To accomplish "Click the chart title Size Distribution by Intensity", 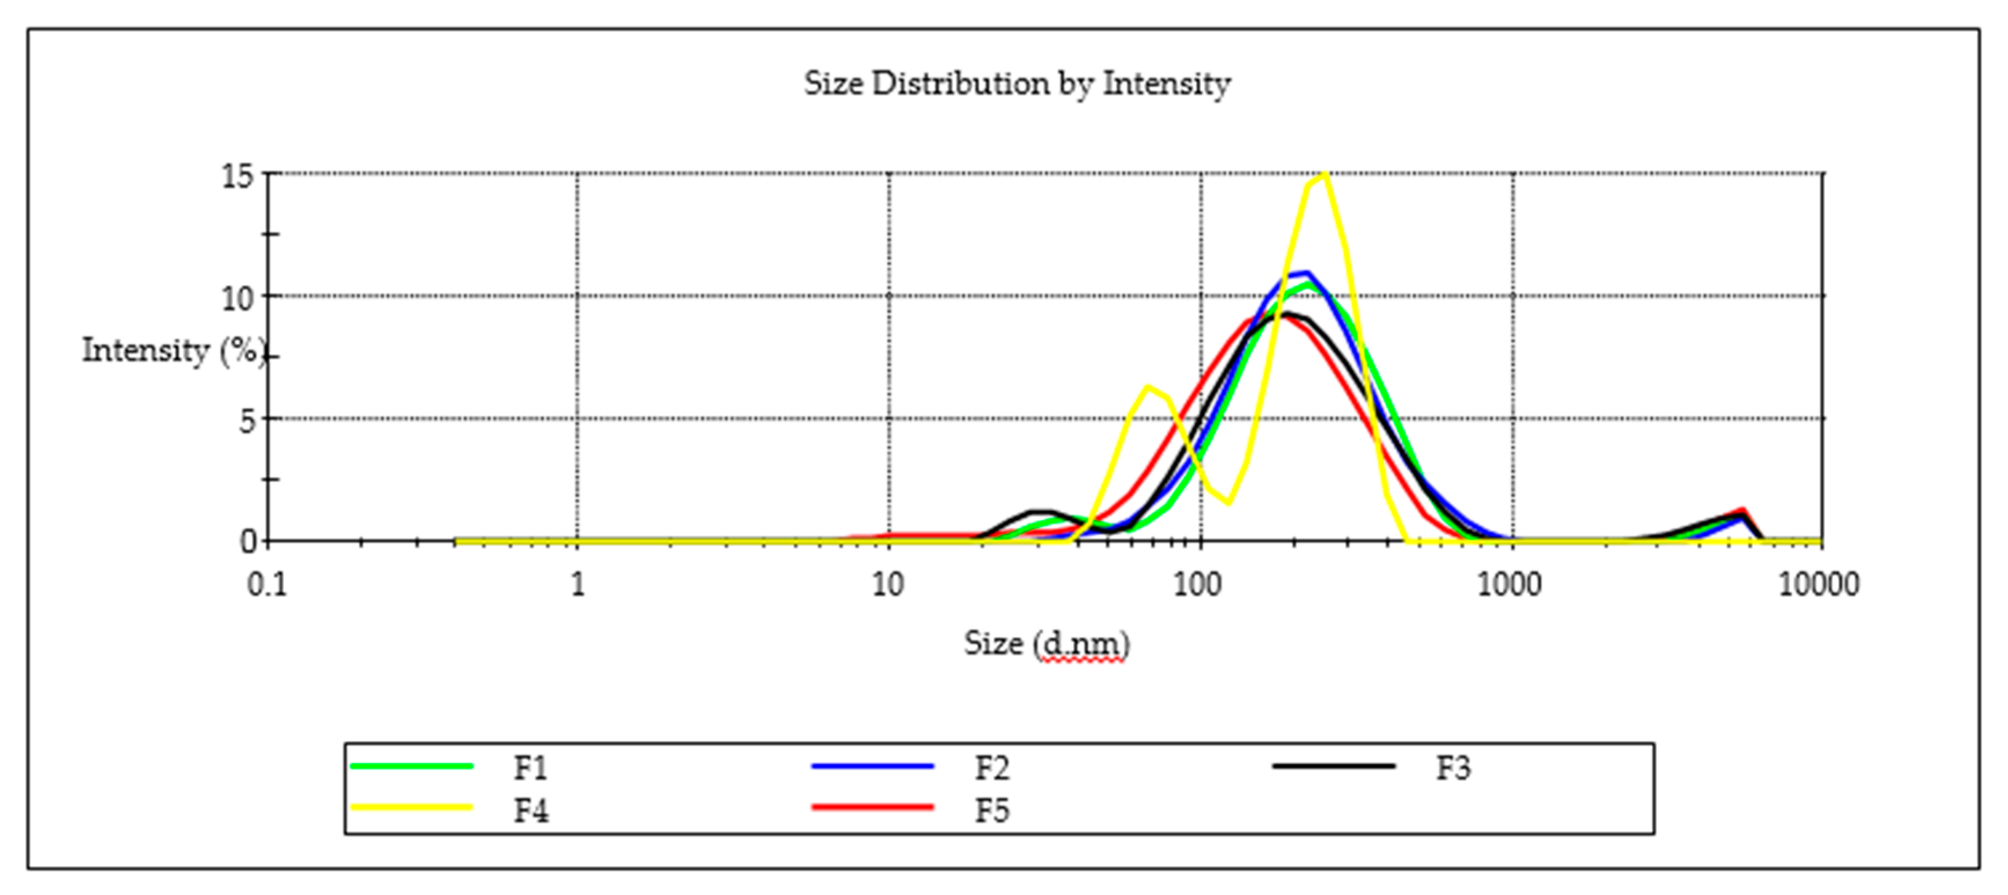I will [x=1017, y=83].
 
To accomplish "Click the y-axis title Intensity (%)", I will [x=173, y=350].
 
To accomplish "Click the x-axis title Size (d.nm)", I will [x=1046, y=643].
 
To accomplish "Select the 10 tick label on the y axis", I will [x=238, y=298].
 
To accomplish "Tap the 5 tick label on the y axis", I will [x=247, y=421].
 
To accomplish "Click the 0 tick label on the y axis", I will [x=248, y=541].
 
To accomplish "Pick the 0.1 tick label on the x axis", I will [x=267, y=584].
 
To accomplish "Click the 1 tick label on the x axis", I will [x=577, y=584].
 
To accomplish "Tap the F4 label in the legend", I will [x=531, y=811].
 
